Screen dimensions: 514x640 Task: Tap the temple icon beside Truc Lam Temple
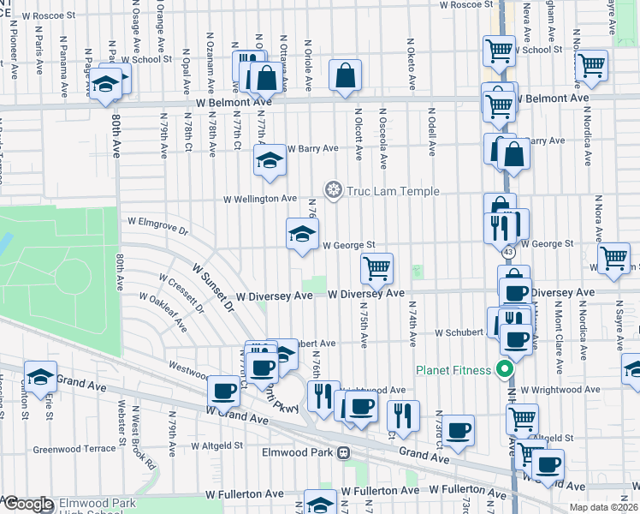(x=333, y=189)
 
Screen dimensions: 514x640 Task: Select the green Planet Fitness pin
(x=505, y=370)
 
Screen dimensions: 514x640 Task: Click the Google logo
(x=28, y=504)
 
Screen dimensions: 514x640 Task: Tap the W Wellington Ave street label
(x=260, y=199)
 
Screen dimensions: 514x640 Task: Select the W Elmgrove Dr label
(x=157, y=226)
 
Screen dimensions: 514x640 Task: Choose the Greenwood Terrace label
(x=74, y=449)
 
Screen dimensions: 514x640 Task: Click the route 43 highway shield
(x=508, y=254)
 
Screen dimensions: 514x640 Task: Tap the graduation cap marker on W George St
(x=302, y=234)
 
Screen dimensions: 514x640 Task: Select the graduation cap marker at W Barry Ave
(x=270, y=160)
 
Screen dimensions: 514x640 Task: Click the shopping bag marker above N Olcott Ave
(x=345, y=75)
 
